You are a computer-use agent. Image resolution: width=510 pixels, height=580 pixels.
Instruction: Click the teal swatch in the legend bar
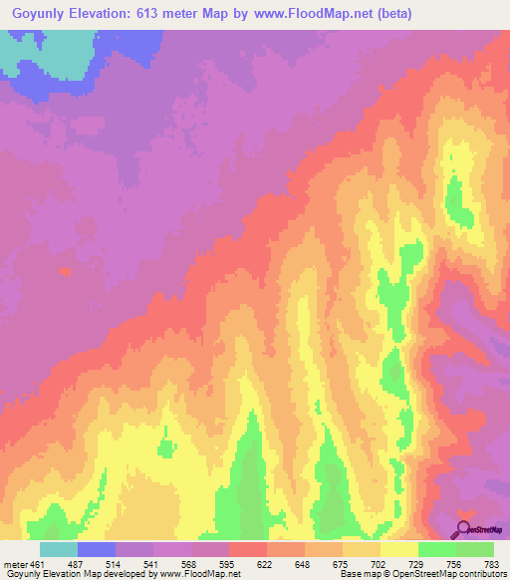tap(59, 550)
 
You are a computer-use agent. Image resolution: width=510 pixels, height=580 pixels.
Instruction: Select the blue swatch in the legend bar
tap(97, 550)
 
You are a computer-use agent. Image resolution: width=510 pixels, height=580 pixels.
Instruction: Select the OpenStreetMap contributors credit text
tap(449, 573)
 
